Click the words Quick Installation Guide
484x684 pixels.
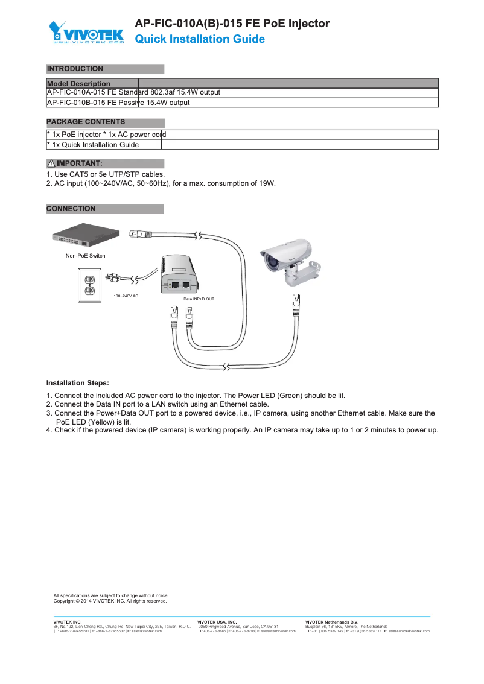coord(199,39)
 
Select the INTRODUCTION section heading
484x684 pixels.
coord(75,69)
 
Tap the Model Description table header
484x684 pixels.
coord(78,83)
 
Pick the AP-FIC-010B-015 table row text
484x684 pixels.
coord(118,103)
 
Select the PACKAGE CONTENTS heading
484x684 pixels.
coord(86,122)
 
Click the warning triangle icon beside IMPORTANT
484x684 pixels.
coord(51,164)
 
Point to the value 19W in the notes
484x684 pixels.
coord(267,183)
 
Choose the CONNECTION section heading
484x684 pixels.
coord(71,209)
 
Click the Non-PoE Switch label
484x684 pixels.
coord(86,256)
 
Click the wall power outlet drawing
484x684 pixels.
coord(89,284)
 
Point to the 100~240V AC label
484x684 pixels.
coord(126,296)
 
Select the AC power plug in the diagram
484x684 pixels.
coord(113,277)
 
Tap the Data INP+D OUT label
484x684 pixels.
coord(199,299)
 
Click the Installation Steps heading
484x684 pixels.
coord(78,383)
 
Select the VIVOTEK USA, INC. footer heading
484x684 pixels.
coord(217,622)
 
